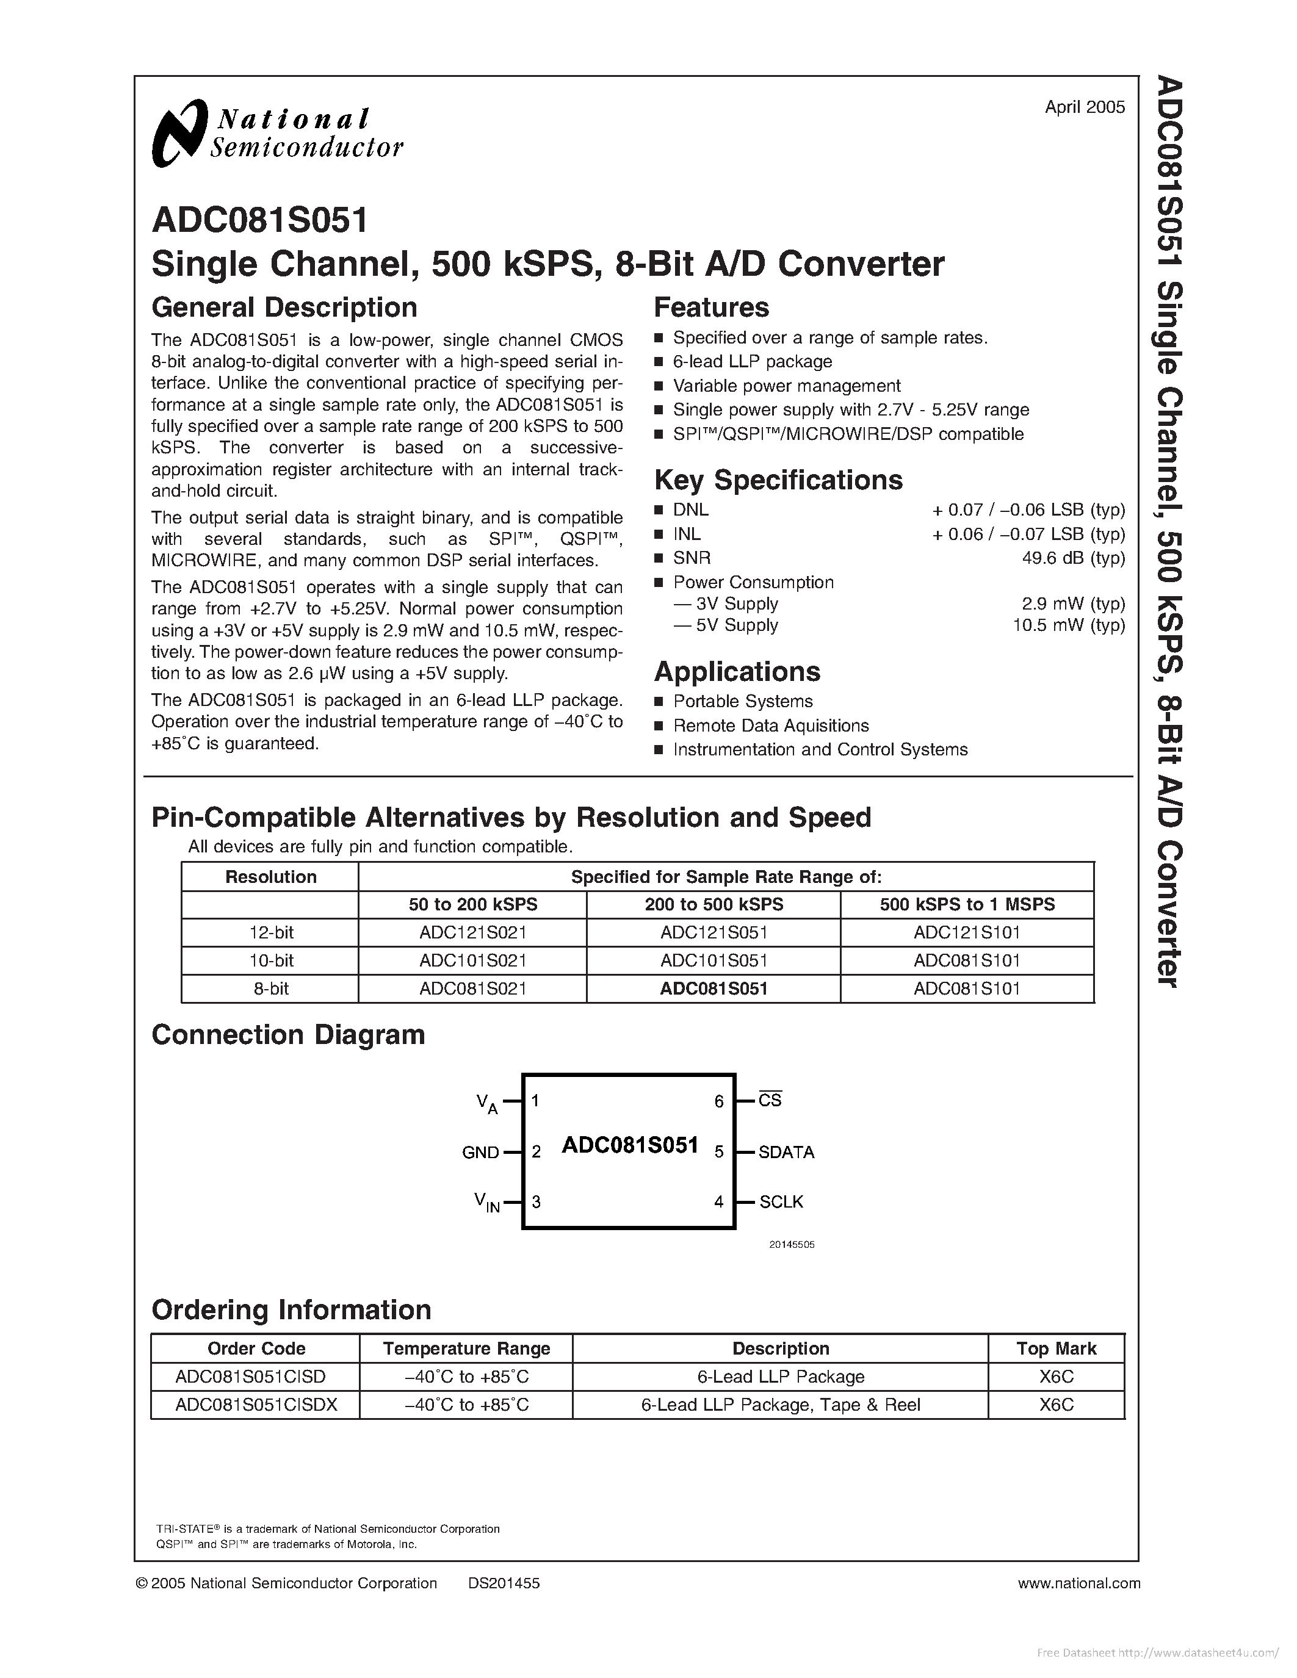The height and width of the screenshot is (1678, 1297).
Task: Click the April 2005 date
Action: (x=1084, y=107)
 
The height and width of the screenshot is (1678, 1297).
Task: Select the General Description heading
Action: (x=284, y=308)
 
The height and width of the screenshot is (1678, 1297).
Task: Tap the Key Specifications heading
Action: (x=778, y=480)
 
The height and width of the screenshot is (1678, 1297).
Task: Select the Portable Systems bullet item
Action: (x=742, y=702)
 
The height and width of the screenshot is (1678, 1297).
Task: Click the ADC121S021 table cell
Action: (x=472, y=933)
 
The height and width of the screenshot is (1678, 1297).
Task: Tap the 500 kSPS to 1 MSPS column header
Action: (x=967, y=904)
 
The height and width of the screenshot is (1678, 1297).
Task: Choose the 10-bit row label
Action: (x=270, y=960)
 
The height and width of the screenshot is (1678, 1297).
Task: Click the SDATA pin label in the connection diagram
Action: (x=786, y=1151)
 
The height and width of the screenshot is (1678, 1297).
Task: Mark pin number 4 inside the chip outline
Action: (x=718, y=1201)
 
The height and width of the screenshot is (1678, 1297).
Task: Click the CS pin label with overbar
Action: (x=769, y=1100)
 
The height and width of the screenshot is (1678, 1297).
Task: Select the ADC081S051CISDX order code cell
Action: (x=256, y=1405)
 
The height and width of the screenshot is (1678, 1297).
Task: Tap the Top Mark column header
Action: (x=1056, y=1349)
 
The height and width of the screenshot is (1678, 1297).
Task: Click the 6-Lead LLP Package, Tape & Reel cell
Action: (x=780, y=1405)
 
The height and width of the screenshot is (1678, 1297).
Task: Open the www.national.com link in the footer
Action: (x=1078, y=1583)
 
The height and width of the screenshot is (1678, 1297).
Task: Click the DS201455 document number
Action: (x=504, y=1583)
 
